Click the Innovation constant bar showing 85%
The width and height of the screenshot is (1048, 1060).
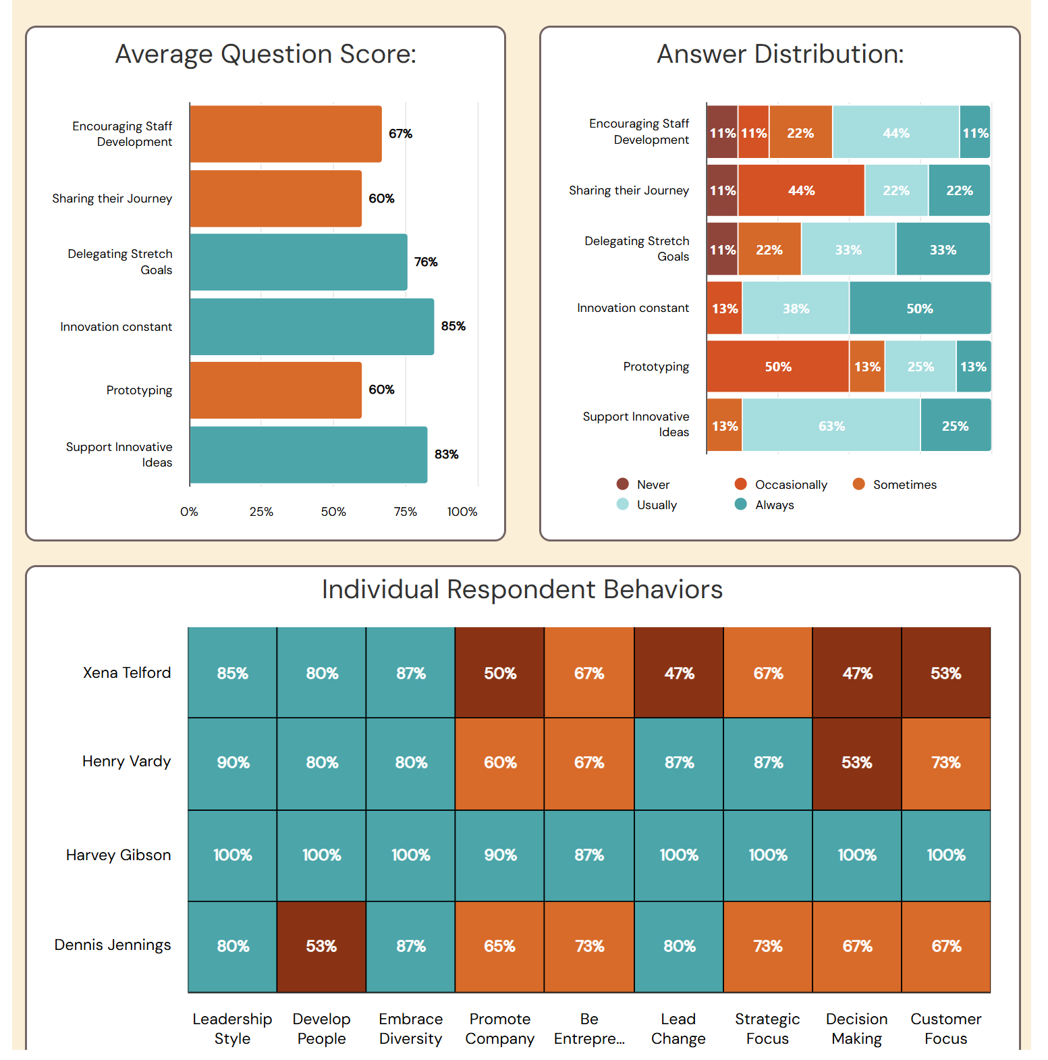click(312, 327)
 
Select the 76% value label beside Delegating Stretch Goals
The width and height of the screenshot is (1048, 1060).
click(426, 262)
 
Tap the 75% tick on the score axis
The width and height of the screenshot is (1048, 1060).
click(405, 512)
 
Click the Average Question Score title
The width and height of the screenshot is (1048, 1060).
click(265, 54)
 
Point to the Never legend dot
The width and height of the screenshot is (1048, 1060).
click(622, 484)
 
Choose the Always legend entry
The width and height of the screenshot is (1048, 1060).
click(764, 505)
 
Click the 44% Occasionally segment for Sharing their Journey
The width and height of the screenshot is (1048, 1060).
click(801, 191)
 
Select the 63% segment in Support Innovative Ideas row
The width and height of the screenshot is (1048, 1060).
click(831, 426)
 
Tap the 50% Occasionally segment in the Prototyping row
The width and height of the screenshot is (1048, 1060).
click(777, 367)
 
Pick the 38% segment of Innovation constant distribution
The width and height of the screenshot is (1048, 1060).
click(796, 309)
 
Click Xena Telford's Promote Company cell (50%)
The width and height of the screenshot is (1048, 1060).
click(500, 673)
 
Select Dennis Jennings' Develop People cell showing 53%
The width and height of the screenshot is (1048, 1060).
click(321, 947)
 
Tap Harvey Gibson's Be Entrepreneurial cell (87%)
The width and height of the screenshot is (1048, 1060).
click(589, 855)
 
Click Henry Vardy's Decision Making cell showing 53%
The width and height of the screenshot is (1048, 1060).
click(856, 763)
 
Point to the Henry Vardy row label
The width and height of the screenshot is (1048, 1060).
click(126, 762)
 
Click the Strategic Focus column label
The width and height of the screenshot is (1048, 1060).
click(767, 1028)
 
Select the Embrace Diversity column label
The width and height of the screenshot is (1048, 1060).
click(410, 1028)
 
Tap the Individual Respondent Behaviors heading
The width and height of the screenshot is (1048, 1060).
click(522, 589)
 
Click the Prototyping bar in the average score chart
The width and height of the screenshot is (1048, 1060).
click(275, 390)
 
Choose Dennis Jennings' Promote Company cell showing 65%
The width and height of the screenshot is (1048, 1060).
click(500, 947)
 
